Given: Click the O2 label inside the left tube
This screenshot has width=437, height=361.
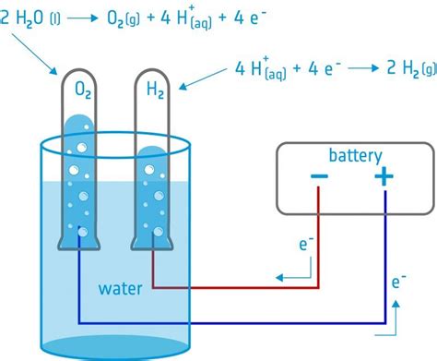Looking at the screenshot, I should tap(82, 91).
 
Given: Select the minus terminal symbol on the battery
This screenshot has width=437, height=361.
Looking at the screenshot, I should tap(318, 177).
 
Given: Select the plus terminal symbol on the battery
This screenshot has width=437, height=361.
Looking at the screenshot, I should tap(383, 177).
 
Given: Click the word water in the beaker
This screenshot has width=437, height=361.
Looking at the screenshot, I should tap(121, 289).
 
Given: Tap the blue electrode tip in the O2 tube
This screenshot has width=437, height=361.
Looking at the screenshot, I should tap(82, 233).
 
